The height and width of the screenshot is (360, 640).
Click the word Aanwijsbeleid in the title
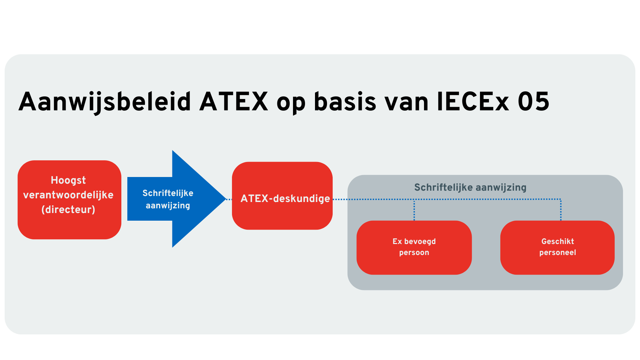(105, 102)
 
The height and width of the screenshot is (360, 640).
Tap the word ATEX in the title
(234, 102)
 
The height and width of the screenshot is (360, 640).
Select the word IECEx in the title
(473, 102)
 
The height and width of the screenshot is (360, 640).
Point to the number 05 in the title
(533, 102)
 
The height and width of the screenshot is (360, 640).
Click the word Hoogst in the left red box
(68, 180)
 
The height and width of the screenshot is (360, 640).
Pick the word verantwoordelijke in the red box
(68, 195)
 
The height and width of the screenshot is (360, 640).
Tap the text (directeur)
(68, 210)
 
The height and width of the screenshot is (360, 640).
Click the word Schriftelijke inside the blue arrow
(168, 193)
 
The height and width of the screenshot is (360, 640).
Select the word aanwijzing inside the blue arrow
(168, 206)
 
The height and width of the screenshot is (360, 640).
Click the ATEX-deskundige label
(285, 199)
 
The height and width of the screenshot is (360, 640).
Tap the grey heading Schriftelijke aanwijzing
(470, 187)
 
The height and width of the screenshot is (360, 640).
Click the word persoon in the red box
(414, 253)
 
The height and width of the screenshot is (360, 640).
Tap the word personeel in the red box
(557, 253)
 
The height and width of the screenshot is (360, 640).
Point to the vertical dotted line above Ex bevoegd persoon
(414, 210)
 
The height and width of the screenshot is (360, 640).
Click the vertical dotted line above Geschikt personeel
(561, 210)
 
